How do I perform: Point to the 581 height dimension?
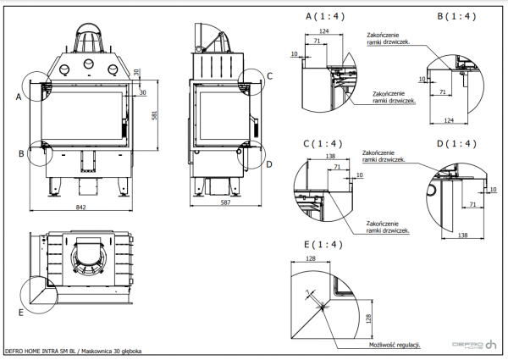coord(155,116)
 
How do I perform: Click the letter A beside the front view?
coord(18,97)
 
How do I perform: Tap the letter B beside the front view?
coord(19,153)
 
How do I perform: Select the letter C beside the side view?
coord(269,76)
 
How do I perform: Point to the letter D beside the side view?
coord(268,163)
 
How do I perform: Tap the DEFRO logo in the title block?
coord(474,345)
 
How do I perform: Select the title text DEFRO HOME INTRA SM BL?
coord(42,350)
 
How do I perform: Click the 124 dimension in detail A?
coord(324,31)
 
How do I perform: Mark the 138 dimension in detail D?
coord(463,234)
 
